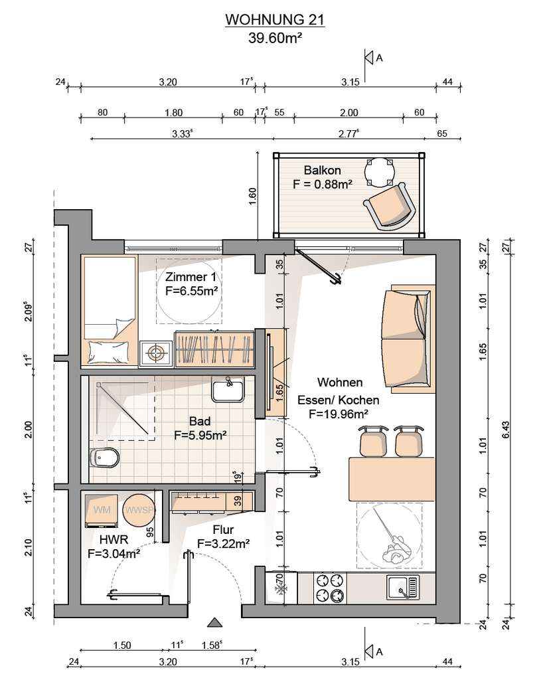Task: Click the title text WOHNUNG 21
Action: tap(275, 21)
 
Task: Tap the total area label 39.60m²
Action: tap(275, 38)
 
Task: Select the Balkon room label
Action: tap(322, 170)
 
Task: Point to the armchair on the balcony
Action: tap(390, 207)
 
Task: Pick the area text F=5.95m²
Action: tap(200, 436)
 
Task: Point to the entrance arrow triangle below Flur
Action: tap(214, 622)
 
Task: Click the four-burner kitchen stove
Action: tap(330, 587)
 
